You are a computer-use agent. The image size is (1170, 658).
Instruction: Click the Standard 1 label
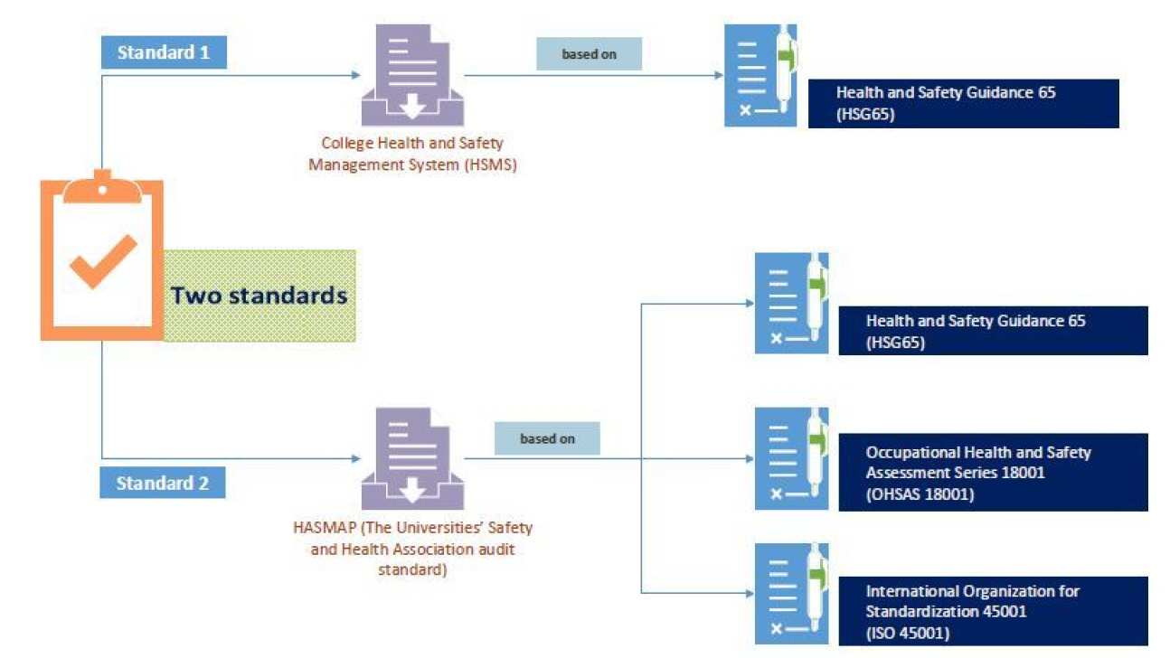(163, 52)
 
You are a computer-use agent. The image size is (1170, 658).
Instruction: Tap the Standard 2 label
(162, 484)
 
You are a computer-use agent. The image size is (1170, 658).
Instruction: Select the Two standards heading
(259, 296)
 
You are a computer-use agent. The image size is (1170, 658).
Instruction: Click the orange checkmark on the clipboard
(102, 262)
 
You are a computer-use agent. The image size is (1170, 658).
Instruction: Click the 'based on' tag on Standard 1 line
(589, 54)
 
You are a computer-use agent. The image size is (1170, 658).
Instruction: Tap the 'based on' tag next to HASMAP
(547, 439)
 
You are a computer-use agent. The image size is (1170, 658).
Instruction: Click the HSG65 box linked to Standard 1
(963, 104)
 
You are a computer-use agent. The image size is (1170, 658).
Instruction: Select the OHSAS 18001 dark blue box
(993, 473)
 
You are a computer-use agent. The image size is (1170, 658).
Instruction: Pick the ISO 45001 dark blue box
(993, 612)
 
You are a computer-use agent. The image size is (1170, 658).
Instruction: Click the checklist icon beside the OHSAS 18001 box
(791, 458)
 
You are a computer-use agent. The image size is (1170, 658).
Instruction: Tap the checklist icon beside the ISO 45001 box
(791, 594)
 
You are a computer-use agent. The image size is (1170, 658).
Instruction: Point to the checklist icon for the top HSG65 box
(761, 76)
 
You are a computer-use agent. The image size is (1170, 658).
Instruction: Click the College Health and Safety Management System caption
(412, 154)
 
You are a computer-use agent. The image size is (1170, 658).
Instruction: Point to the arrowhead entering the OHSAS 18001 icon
(749, 457)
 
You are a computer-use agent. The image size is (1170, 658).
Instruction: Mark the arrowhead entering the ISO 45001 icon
(749, 594)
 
